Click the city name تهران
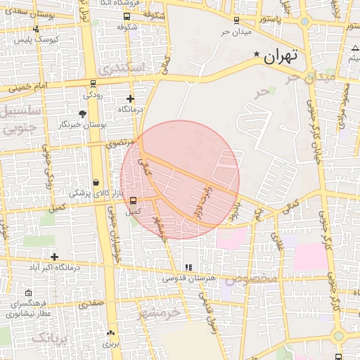(281, 56)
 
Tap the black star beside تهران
(257, 54)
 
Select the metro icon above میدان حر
(236, 20)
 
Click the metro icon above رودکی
(93, 83)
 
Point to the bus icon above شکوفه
(127, 17)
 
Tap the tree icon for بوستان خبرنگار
(83, 113)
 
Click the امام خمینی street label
(29, 89)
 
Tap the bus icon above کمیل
(133, 200)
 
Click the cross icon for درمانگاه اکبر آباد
(54, 257)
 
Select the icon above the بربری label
(110, 333)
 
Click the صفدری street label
(91, 303)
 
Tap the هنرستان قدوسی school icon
(188, 268)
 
